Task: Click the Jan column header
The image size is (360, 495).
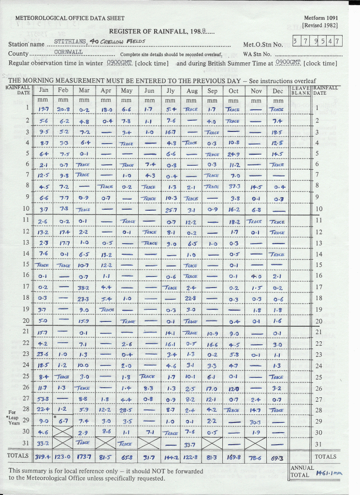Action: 43,90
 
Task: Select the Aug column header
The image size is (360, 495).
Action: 191,90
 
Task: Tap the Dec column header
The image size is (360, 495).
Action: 277,90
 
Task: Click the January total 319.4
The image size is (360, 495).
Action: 43,457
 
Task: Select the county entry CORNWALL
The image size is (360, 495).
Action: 69,52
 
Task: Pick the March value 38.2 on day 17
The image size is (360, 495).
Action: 84,287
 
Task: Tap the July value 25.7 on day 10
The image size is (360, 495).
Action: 170,209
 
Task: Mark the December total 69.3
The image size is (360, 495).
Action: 277,457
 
